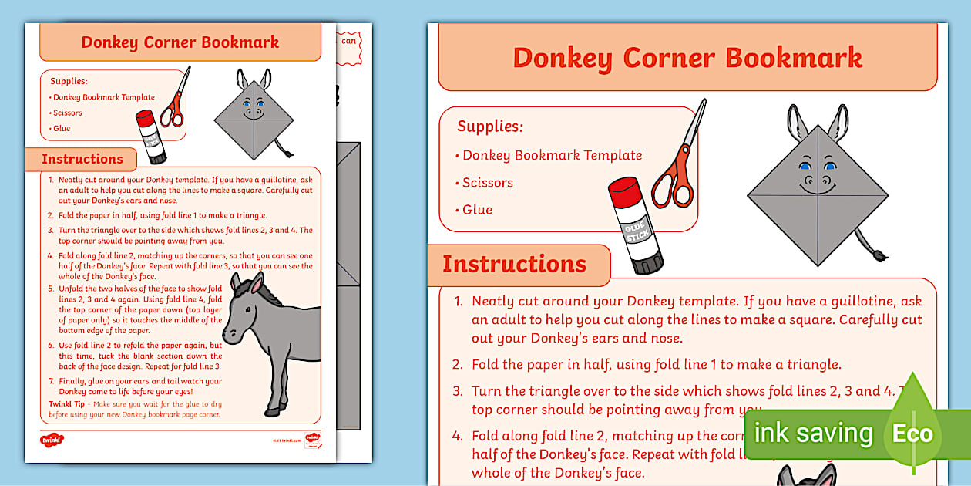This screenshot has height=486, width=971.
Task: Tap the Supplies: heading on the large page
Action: click(x=490, y=127)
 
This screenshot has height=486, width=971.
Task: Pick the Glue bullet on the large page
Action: click(x=477, y=210)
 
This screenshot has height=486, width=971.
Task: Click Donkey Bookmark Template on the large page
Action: click(x=552, y=155)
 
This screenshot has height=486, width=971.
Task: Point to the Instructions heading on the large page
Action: click(x=514, y=264)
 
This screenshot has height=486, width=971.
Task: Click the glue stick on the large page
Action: click(x=634, y=225)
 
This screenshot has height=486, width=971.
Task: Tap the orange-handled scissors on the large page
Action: click(x=678, y=162)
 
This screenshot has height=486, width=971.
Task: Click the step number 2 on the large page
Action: click(x=458, y=365)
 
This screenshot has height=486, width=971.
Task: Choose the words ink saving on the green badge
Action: click(x=813, y=434)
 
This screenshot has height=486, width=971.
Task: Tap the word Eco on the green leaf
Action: click(x=912, y=434)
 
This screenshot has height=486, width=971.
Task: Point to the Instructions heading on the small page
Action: click(x=82, y=159)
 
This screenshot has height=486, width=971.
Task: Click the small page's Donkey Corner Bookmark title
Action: click(x=180, y=42)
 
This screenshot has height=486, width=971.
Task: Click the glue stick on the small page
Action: click(x=151, y=137)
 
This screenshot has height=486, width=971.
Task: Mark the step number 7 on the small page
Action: click(x=51, y=381)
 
